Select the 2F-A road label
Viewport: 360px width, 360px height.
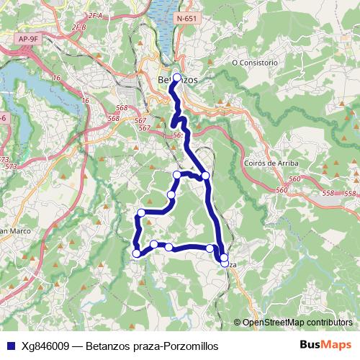pyautogui.click(x=95, y=14)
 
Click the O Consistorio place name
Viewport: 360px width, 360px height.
pyautogui.click(x=254, y=63)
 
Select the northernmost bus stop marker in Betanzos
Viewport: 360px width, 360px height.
pyautogui.click(x=176, y=78)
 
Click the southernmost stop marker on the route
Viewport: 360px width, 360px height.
pyautogui.click(x=224, y=264)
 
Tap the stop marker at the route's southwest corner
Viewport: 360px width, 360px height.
pyautogui.click(x=137, y=253)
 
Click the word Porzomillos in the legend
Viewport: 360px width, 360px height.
pyautogui.click(x=188, y=346)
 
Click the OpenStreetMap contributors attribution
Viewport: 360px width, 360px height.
pyautogui.click(x=298, y=323)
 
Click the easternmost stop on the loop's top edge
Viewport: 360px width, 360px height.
pyautogui.click(x=205, y=176)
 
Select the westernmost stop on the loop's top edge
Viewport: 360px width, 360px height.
pyautogui.click(x=177, y=175)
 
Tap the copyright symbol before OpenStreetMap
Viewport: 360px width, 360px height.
pyautogui.click(x=238, y=323)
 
